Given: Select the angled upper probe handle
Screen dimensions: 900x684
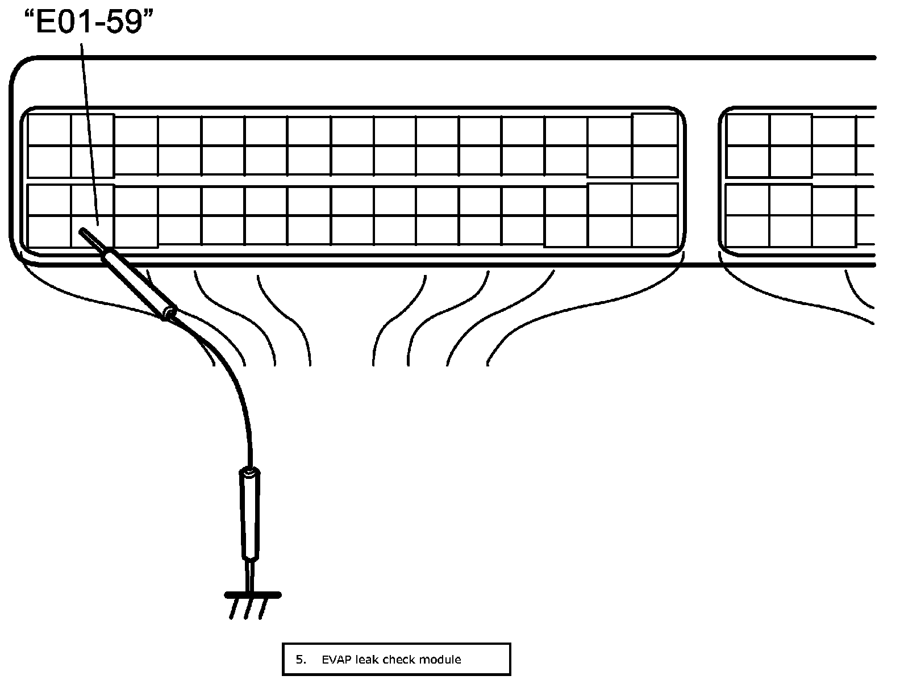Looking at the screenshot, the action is (x=136, y=284).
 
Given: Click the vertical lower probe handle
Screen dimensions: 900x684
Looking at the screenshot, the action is (x=250, y=514).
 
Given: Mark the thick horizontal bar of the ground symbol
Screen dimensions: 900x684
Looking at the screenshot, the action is (x=253, y=595).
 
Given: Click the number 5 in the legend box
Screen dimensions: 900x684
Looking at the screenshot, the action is (x=299, y=660).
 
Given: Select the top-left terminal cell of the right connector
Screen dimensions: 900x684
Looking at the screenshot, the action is (x=748, y=130).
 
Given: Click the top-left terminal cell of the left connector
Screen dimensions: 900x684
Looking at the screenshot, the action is (x=49, y=130).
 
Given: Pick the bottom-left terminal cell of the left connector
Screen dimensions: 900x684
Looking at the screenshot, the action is (x=49, y=232).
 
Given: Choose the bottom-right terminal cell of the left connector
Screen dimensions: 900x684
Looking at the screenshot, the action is (x=655, y=232).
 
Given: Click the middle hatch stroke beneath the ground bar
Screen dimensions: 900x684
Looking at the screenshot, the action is (x=248, y=609).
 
